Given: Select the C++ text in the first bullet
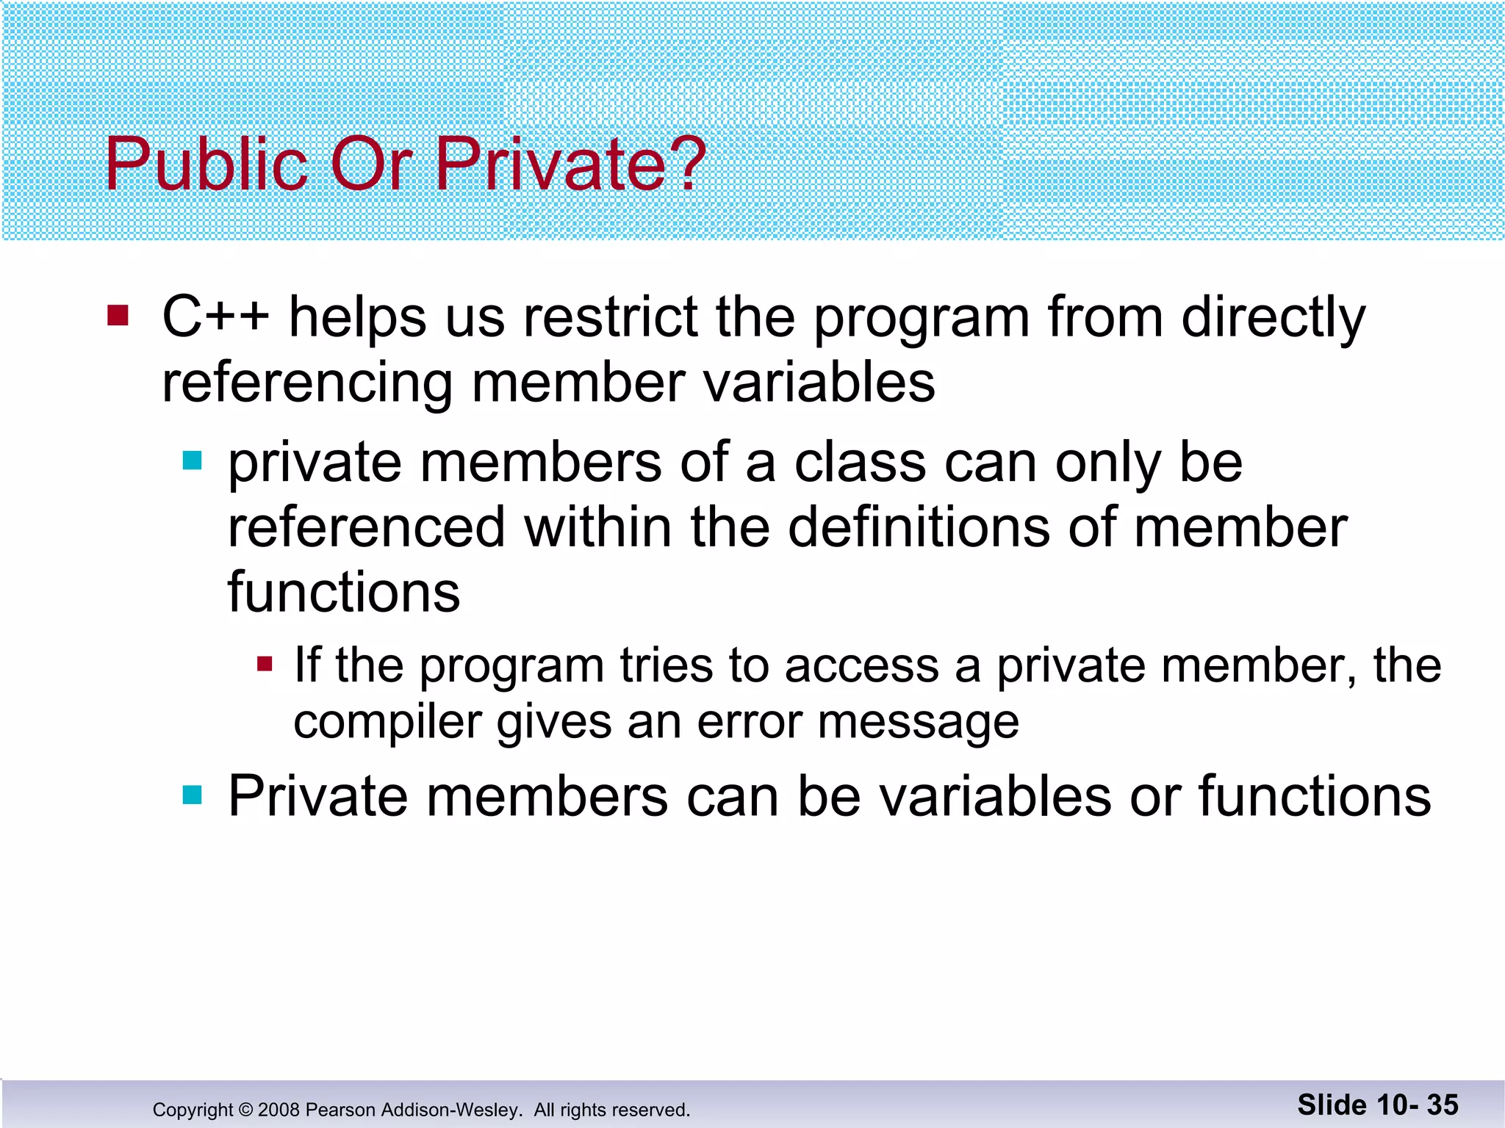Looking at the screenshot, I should pyautogui.click(x=215, y=317).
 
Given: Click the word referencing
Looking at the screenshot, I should pyautogui.click(x=307, y=383).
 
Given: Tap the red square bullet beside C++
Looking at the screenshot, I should pyautogui.click(x=118, y=317).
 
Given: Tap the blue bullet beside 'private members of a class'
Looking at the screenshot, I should pyautogui.click(x=192, y=461).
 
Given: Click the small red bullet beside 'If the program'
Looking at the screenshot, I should pyautogui.click(x=265, y=665).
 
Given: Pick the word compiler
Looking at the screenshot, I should pyautogui.click(x=387, y=723).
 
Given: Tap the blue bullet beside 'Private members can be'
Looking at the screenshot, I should pyautogui.click(x=192, y=795).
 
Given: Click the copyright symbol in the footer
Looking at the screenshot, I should pyautogui.click(x=245, y=1110).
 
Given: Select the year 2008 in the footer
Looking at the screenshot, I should pyautogui.click(x=279, y=1110).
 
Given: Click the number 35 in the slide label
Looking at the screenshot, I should pyautogui.click(x=1443, y=1104).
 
